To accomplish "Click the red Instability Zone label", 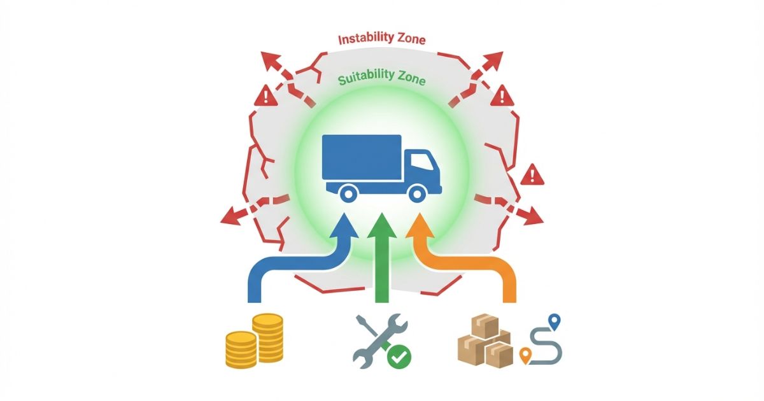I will coord(381,39).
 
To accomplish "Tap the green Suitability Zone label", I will coord(381,80).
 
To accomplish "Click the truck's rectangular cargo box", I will coord(362,157).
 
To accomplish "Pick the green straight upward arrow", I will coord(381,255).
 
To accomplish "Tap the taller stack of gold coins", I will coord(267,337).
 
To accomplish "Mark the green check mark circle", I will coord(400,356).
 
